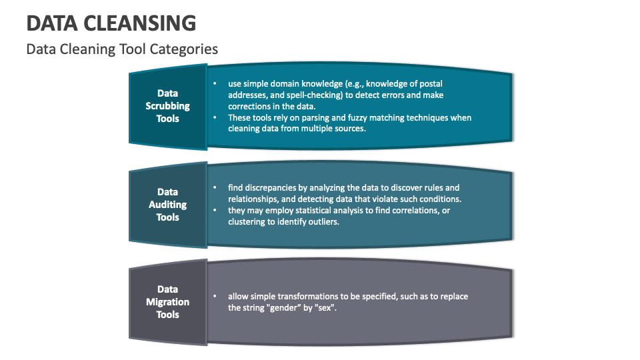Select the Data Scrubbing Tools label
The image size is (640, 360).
click(168, 106)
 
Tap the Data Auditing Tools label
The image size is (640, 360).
click(168, 205)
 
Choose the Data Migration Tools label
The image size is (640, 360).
click(168, 302)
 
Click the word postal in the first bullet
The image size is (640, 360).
click(429, 84)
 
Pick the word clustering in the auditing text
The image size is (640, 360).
click(247, 222)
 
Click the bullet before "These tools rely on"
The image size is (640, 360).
click(214, 118)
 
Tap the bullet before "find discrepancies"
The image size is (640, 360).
click(214, 188)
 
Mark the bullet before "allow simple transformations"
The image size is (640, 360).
click(214, 296)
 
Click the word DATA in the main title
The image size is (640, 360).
click(52, 23)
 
